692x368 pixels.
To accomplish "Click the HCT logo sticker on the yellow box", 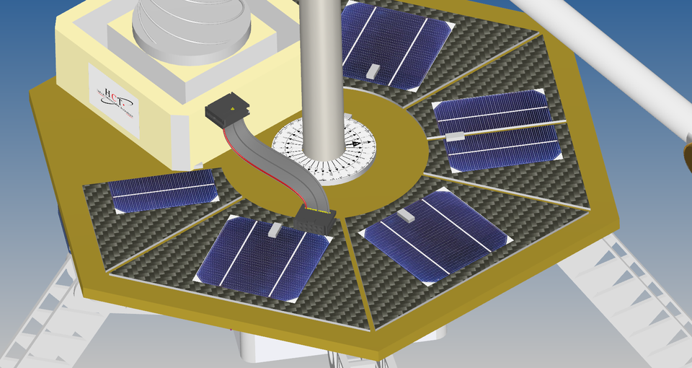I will (114, 100).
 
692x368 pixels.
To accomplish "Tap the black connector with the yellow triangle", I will (230, 112).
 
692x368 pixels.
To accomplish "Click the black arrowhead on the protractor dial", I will (355, 143).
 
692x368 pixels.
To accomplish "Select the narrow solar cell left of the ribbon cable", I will (163, 190).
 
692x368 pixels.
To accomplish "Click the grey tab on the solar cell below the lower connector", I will (275, 230).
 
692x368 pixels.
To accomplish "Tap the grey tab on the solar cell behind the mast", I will (373, 71).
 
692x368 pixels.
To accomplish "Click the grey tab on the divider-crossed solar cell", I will (455, 136).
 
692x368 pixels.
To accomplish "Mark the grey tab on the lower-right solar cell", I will (406, 215).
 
